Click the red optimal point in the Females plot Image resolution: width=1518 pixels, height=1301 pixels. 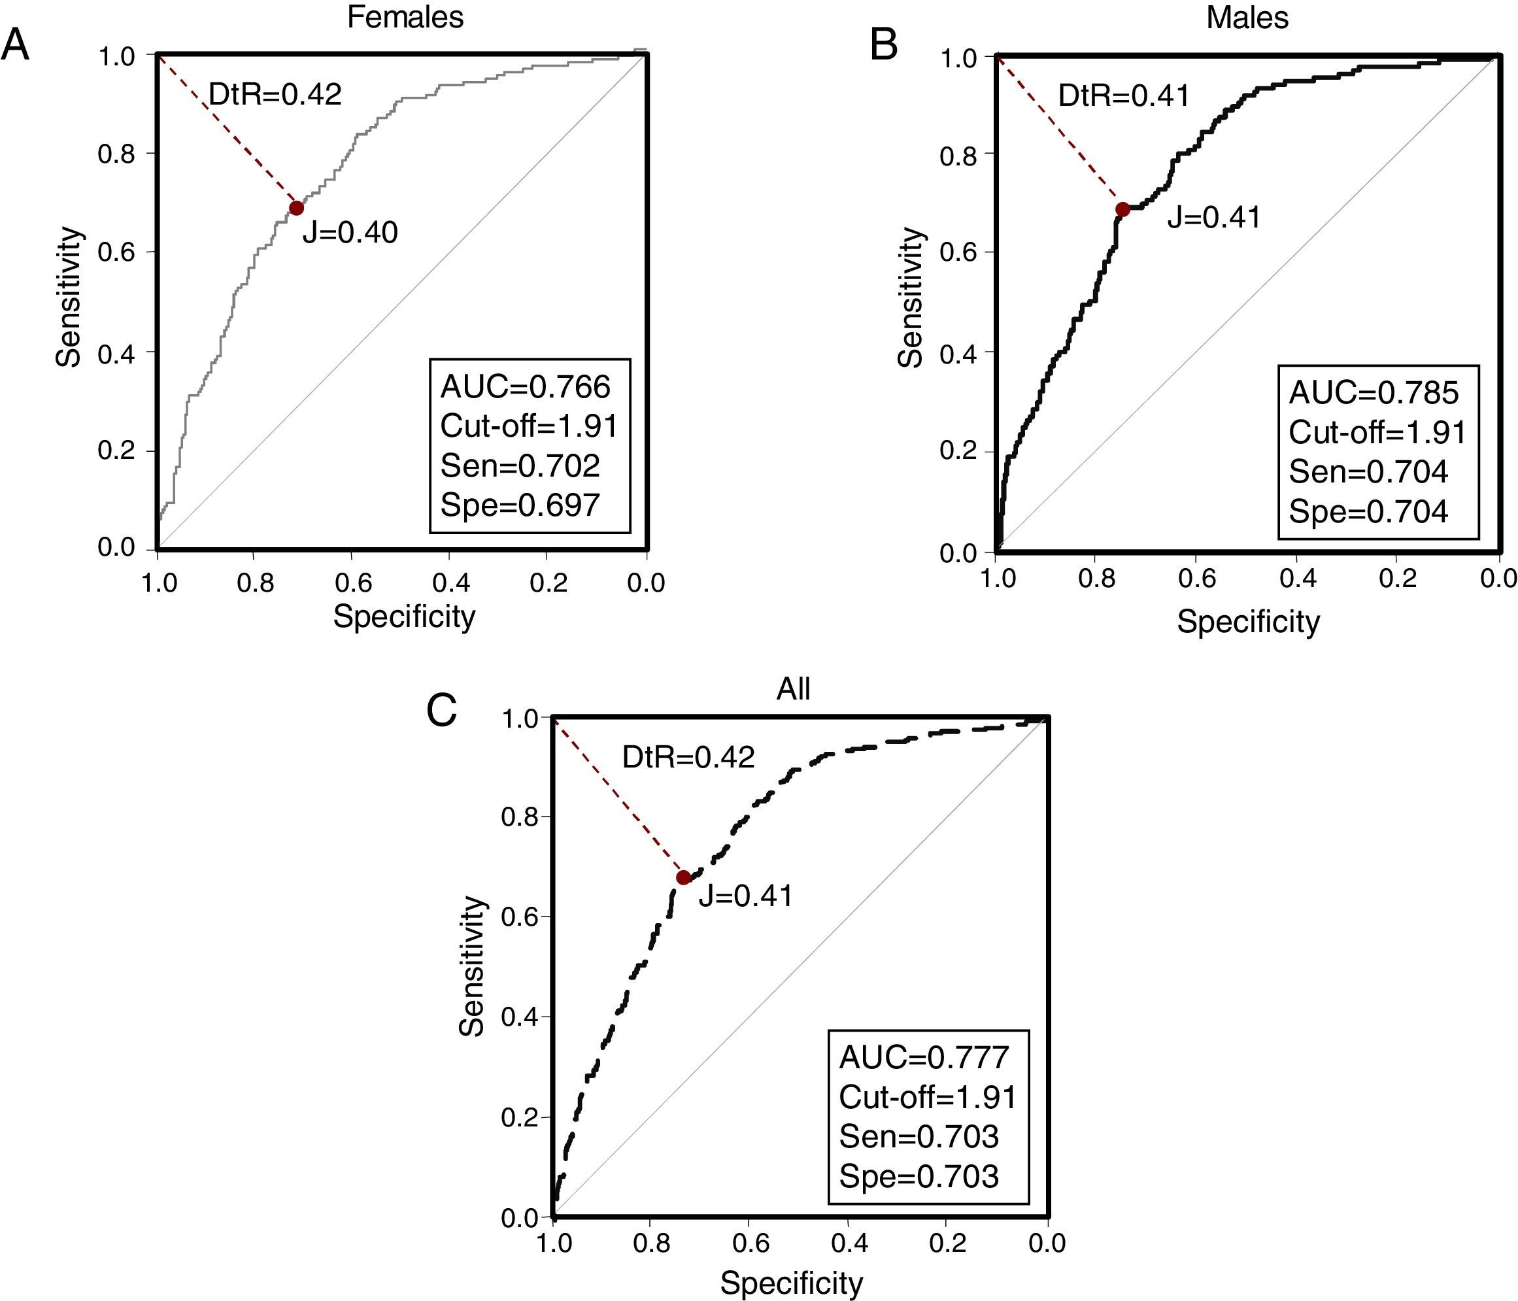[296, 208]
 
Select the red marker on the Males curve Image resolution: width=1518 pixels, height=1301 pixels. [1122, 209]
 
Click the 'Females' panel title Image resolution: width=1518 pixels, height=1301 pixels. [405, 17]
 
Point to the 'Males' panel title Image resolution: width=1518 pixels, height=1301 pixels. [1247, 17]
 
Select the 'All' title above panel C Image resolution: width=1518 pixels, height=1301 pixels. [794, 689]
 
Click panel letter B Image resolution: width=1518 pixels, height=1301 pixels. [884, 45]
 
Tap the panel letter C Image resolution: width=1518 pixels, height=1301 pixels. [442, 711]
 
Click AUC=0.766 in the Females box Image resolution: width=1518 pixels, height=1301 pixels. [526, 387]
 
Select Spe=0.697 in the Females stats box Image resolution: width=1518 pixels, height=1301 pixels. [520, 505]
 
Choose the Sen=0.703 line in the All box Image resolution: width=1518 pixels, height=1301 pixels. [919, 1136]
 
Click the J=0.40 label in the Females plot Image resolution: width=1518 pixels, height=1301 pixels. [350, 233]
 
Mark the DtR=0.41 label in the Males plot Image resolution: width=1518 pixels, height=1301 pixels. [1124, 96]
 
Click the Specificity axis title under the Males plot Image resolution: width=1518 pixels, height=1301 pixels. [1247, 622]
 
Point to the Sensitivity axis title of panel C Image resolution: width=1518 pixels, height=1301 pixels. [473, 966]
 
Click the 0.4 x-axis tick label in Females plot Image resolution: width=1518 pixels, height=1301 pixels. [450, 584]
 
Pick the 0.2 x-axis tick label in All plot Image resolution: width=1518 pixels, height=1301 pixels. [949, 1243]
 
